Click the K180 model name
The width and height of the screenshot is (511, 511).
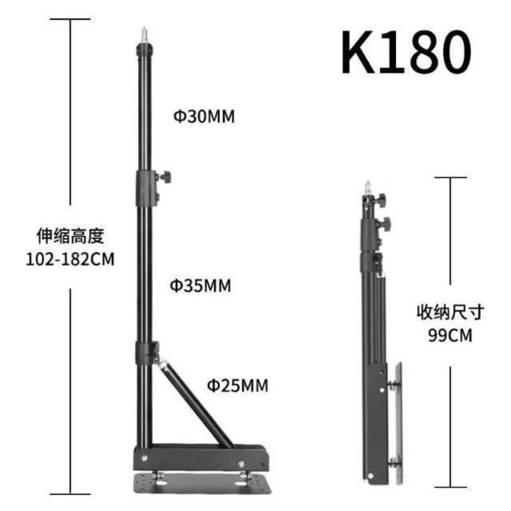click(406, 52)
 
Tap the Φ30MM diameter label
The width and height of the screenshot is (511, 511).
click(204, 117)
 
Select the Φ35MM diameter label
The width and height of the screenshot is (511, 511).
click(200, 286)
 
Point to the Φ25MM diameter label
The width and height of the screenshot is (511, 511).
click(238, 385)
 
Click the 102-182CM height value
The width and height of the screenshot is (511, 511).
click(70, 259)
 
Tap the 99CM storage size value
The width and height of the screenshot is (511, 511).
click(450, 335)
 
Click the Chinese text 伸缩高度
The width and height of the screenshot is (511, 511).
click(70, 236)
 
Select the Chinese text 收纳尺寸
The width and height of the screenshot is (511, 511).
click(450, 312)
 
